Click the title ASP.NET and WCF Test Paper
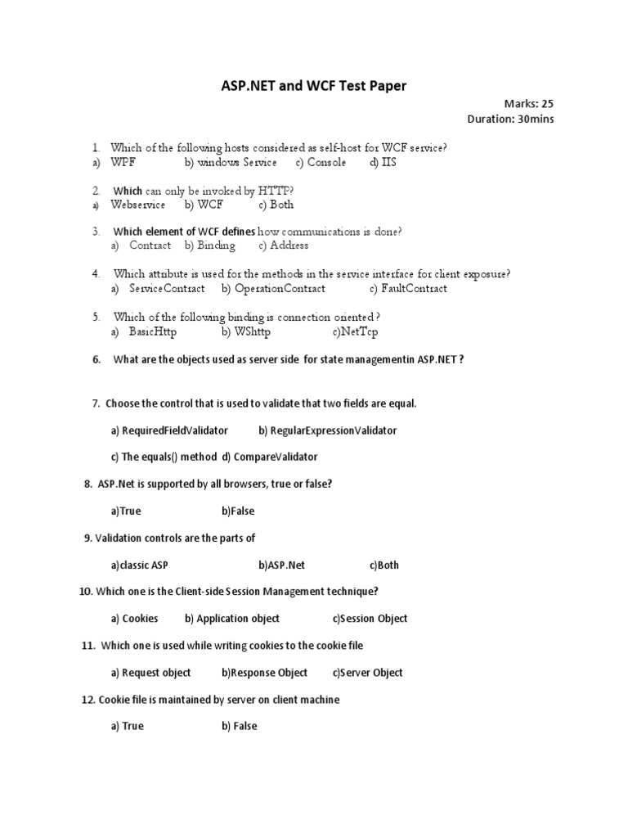tap(314, 85)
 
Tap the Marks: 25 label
tap(534, 104)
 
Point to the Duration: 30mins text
tap(510, 119)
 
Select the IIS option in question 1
tap(383, 162)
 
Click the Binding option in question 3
tap(210, 246)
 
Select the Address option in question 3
tap(283, 246)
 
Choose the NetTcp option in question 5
tap(355, 332)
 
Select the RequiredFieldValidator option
tap(169, 430)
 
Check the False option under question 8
tap(238, 511)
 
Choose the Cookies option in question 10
tap(135, 619)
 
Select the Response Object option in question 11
tap(264, 673)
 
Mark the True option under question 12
tap(128, 726)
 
